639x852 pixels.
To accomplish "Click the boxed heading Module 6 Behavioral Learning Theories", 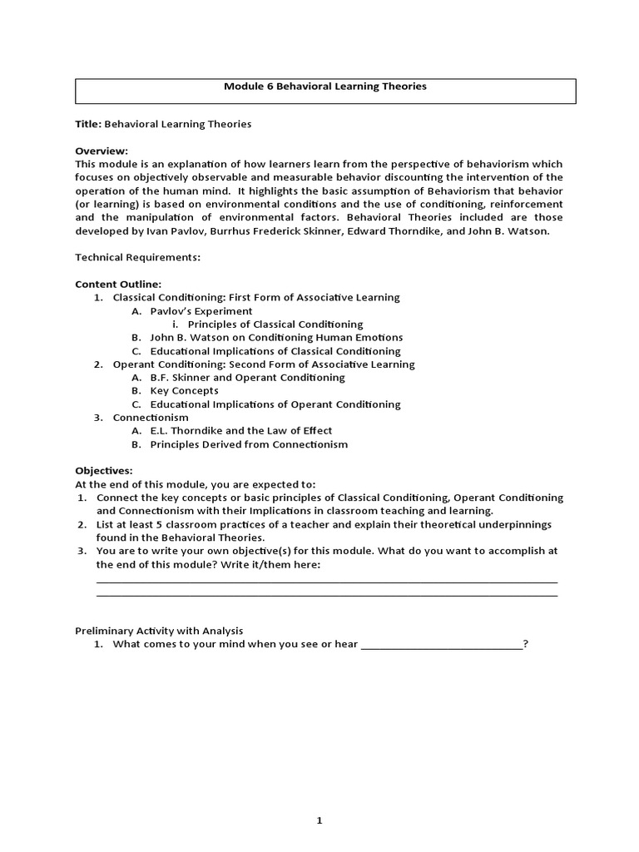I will click(325, 86).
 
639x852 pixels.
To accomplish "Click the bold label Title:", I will click(88, 124).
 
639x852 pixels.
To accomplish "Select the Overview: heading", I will click(102, 151).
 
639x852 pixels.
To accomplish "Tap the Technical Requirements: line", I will click(137, 257).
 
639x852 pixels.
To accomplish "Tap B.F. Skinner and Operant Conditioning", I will click(247, 377).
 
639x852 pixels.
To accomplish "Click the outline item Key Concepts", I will click(184, 390).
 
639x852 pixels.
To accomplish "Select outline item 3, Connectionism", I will click(151, 417).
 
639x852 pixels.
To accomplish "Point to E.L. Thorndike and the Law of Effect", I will click(240, 430).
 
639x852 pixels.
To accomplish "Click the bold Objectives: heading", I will click(104, 470).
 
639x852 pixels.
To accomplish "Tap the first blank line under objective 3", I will click(327, 582).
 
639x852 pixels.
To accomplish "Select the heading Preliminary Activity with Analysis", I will click(159, 630).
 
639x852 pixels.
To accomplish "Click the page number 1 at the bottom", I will click(319, 797).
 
